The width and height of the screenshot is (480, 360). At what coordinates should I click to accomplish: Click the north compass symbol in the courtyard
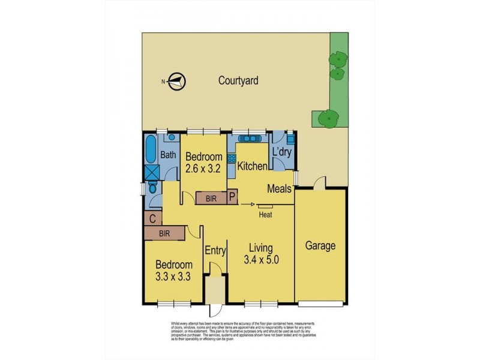175,82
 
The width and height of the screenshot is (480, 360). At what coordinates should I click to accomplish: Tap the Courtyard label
238,80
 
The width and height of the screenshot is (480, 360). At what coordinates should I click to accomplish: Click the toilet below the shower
153,188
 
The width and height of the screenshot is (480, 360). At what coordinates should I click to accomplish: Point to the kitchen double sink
245,137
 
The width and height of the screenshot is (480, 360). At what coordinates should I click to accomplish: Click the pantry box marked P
231,197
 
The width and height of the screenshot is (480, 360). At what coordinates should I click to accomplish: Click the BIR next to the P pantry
210,197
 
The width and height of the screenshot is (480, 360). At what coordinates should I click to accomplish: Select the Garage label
320,245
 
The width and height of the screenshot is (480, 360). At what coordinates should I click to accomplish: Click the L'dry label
282,152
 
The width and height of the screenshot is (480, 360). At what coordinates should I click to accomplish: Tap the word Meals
280,189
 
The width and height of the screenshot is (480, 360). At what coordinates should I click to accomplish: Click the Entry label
215,250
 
